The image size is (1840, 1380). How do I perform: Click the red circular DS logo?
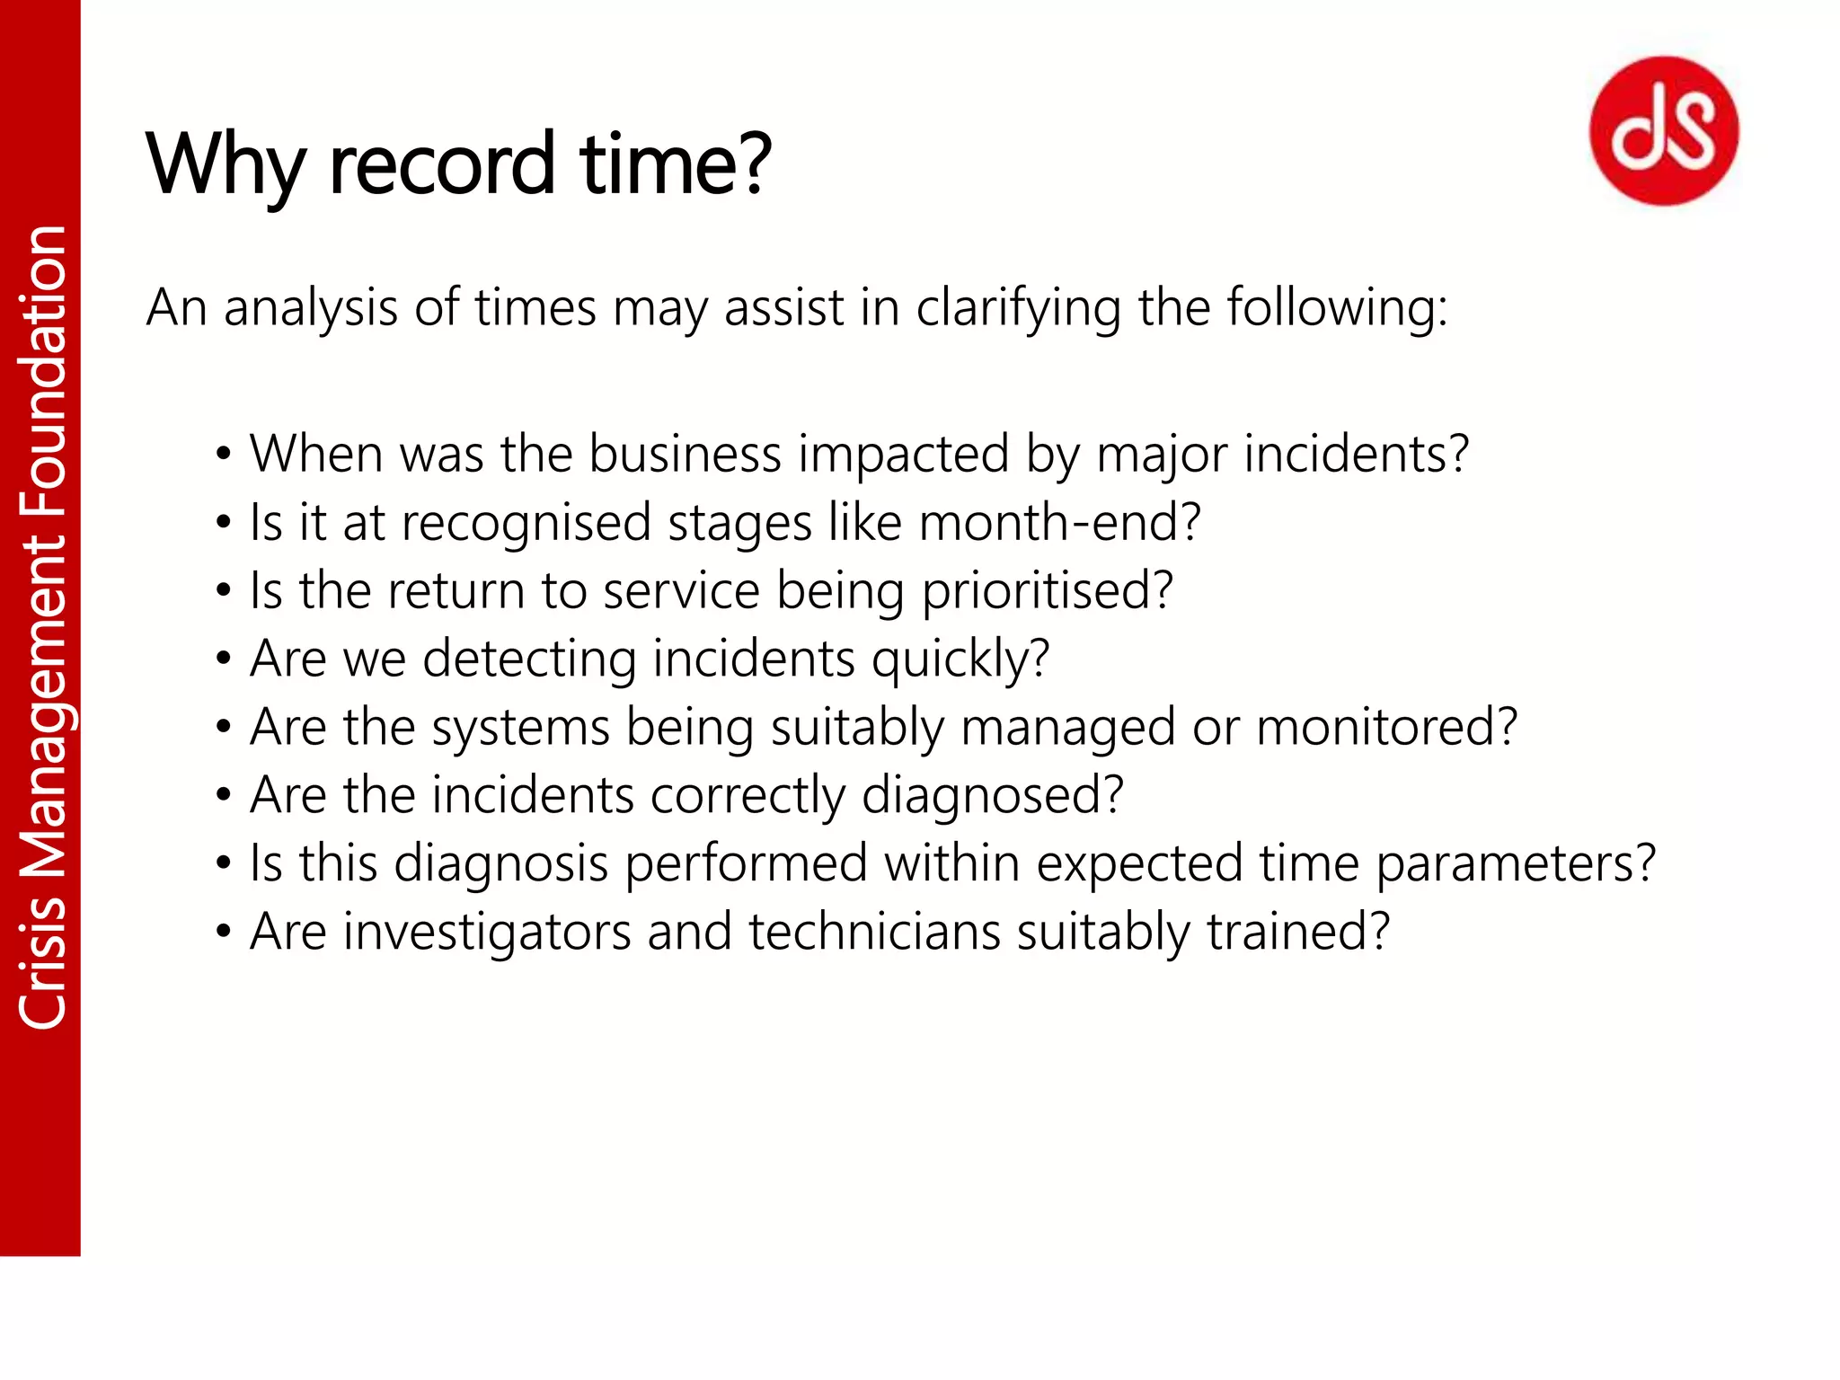point(1664,131)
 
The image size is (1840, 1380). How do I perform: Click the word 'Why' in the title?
point(225,166)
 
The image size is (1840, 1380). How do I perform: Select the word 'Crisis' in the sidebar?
point(42,962)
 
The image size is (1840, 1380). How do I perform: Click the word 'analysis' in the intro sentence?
point(310,309)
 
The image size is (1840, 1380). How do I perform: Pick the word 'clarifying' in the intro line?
point(1018,309)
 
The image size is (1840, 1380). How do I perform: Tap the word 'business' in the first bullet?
point(685,454)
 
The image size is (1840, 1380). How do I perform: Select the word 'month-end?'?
point(1060,522)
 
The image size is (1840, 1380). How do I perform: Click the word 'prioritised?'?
point(1048,591)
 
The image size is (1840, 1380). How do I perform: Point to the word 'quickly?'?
point(960,659)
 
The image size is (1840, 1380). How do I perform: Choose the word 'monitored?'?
point(1386,727)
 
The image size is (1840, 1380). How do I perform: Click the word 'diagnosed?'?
point(993,796)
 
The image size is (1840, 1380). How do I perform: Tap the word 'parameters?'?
point(1516,863)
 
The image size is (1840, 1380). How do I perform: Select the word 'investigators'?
point(487,932)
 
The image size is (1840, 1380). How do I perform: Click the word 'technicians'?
point(874,932)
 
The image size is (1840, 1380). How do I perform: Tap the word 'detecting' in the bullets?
point(529,659)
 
